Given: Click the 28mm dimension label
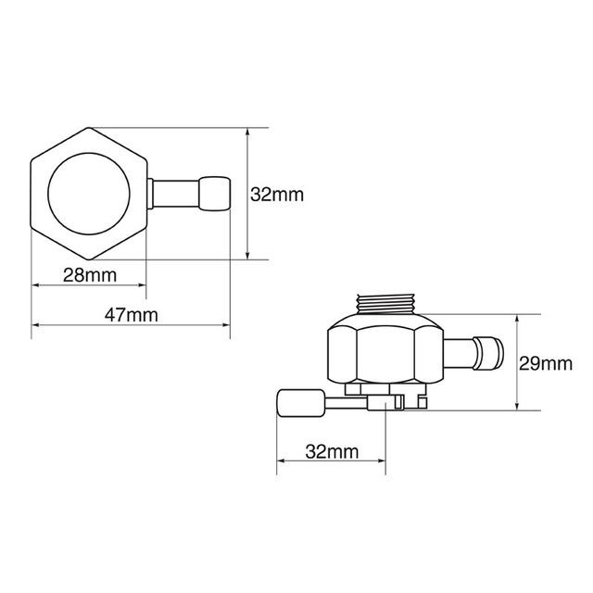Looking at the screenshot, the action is (90, 275).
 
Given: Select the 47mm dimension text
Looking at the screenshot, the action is (132, 315).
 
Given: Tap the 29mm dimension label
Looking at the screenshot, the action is (546, 364).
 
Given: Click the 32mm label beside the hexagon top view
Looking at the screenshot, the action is (277, 195).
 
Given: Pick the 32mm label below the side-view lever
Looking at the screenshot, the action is (332, 451).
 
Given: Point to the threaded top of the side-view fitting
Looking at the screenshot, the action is (385, 305).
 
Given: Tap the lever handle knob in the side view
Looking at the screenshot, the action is (300, 403).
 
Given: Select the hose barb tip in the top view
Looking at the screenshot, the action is (214, 194).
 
